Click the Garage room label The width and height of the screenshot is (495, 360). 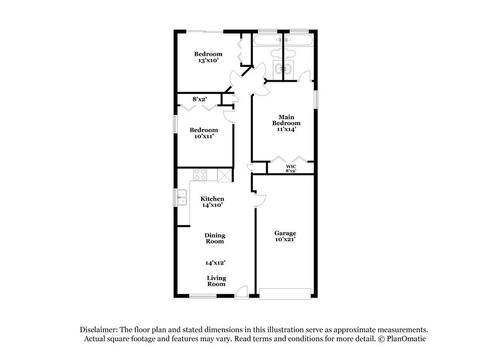[285, 233]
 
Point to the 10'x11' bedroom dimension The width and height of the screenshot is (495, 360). [204, 137]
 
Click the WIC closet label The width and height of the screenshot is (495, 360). [290, 166]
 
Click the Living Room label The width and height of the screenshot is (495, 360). [215, 281]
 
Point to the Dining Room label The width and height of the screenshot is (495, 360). [215, 238]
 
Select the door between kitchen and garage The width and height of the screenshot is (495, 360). [259, 200]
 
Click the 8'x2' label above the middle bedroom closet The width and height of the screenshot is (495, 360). [199, 99]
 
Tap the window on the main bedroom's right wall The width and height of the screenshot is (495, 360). [316, 99]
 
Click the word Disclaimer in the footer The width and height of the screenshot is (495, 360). [100, 330]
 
